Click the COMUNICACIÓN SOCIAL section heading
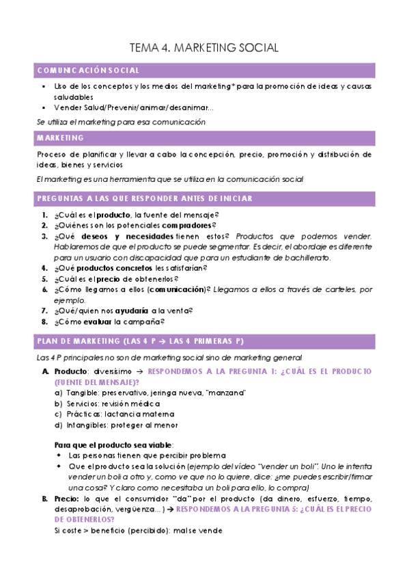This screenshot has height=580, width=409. click(89, 70)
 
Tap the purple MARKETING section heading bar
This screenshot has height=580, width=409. click(204, 138)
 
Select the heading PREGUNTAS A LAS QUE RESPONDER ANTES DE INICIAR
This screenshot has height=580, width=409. click(145, 198)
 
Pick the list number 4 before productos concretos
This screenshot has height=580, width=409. click(44, 268)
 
